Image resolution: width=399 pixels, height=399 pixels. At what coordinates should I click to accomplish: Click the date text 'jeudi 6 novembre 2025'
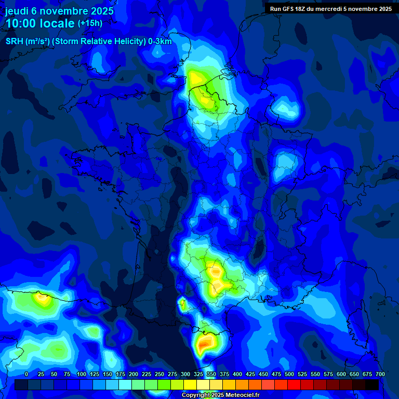(x=59, y=11)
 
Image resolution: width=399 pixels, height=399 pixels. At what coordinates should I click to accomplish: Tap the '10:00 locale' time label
(x=40, y=23)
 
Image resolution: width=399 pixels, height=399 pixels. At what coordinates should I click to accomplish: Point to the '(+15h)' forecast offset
(x=90, y=23)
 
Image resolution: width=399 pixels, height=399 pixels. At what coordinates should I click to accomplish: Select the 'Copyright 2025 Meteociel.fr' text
(x=220, y=395)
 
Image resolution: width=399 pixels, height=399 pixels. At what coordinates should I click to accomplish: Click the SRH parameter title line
(x=88, y=42)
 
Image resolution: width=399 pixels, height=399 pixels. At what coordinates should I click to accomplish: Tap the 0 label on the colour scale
(x=26, y=374)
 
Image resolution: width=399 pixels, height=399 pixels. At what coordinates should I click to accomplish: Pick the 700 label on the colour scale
(x=380, y=374)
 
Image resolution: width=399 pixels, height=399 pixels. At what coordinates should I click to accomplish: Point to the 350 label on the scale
(x=211, y=374)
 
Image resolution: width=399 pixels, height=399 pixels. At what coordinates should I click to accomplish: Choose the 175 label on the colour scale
(x=121, y=374)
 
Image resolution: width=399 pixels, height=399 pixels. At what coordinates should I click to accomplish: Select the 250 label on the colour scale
(x=159, y=374)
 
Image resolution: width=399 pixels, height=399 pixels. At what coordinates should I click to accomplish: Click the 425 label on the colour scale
(x=250, y=374)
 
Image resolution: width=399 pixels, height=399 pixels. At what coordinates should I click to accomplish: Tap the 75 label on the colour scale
(x=66, y=374)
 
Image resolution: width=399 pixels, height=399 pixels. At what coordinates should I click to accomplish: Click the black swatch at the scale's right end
(x=372, y=384)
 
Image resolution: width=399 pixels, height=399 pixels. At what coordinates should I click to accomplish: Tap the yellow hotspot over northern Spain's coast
(x=41, y=299)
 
